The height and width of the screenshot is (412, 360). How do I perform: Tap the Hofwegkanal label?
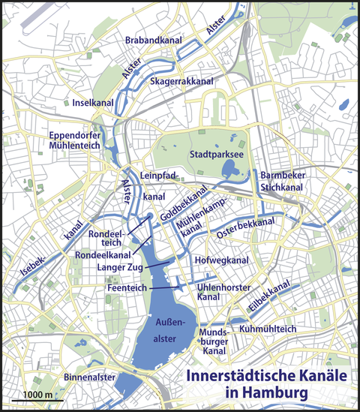tap(222, 260)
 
